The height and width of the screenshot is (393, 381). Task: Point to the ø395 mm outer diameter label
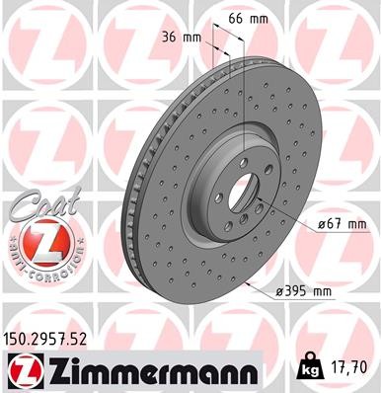311,293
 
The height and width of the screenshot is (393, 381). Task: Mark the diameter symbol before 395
282,293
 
